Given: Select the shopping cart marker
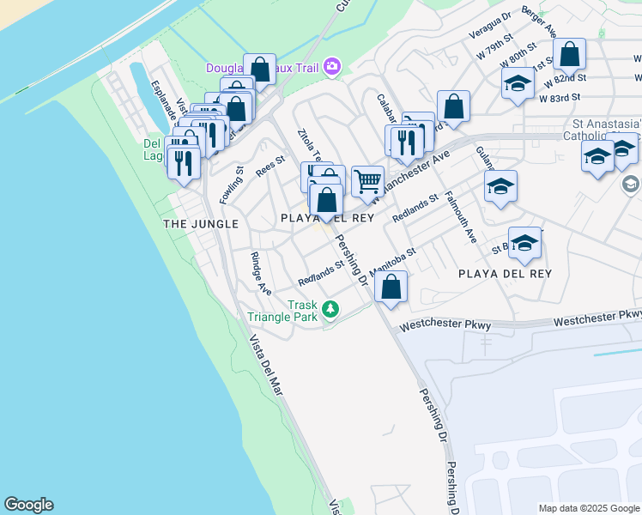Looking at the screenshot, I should pyautogui.click(x=367, y=182).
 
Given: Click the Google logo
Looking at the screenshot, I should pyautogui.click(x=28, y=505).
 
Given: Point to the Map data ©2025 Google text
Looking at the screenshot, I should pyautogui.click(x=588, y=508).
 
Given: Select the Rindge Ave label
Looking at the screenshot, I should pyautogui.click(x=261, y=272).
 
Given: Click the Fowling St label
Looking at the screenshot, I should pyautogui.click(x=232, y=184).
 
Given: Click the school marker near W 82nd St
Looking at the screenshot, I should pyautogui.click(x=518, y=83).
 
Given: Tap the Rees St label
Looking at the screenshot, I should pyautogui.click(x=270, y=163).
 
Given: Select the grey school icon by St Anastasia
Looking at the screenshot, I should pyautogui.click(x=631, y=184).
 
